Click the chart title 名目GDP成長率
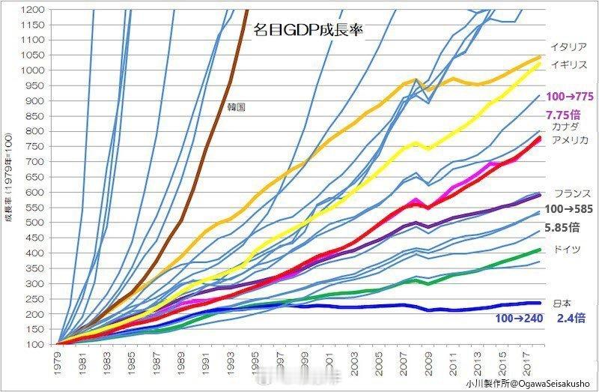(x=308, y=31)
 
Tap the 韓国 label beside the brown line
(x=237, y=107)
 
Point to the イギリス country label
(x=568, y=65)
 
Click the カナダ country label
(x=565, y=127)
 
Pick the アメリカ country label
(x=570, y=140)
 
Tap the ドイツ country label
(x=565, y=249)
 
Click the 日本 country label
(x=562, y=303)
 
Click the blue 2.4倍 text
(x=571, y=318)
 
